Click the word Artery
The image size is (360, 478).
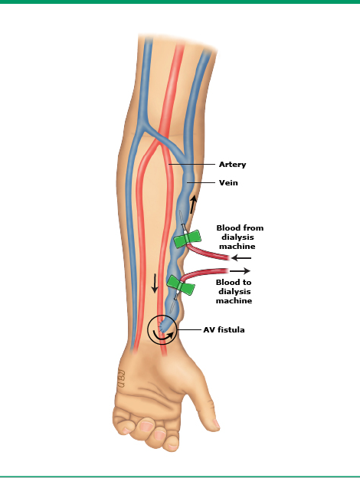coord(232,164)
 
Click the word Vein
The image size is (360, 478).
coord(228,182)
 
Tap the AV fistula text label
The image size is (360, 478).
coord(224,330)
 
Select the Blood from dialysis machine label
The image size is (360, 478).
coord(240,237)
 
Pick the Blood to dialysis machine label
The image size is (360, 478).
coord(234,291)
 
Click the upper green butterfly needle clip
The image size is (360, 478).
coord(188,239)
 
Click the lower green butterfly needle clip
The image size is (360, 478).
coord(180,285)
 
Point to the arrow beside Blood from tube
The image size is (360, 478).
coord(241,258)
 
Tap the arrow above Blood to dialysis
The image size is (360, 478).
coord(240,270)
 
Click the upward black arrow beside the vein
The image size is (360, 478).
coord(193,205)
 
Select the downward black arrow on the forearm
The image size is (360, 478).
coord(155,283)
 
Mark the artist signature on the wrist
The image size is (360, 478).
coord(121,378)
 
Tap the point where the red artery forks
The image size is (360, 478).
coord(159,142)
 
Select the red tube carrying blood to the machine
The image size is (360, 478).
coord(205,272)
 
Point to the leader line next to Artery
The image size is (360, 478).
coord(192,164)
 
